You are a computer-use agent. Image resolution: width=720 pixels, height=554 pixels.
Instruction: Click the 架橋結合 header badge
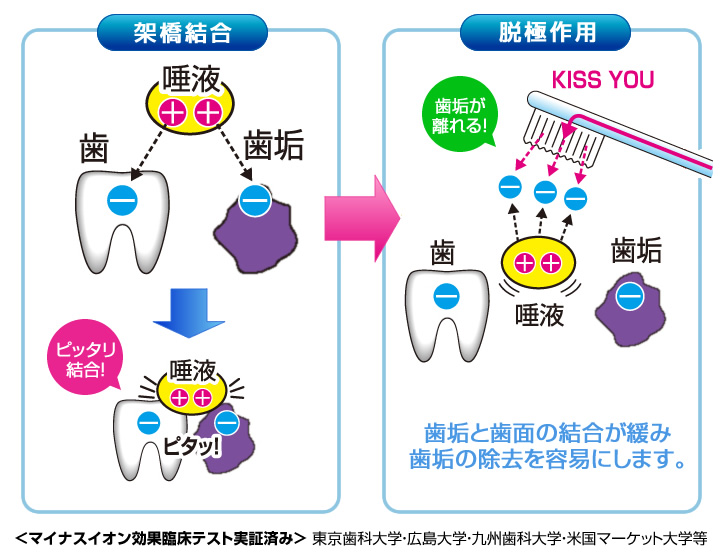(181, 32)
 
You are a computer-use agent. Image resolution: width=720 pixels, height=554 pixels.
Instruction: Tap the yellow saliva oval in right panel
(537, 264)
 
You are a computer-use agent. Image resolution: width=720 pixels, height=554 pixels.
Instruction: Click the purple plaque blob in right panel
(628, 299)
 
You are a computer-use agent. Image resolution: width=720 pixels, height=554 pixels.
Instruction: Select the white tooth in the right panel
(446, 304)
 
